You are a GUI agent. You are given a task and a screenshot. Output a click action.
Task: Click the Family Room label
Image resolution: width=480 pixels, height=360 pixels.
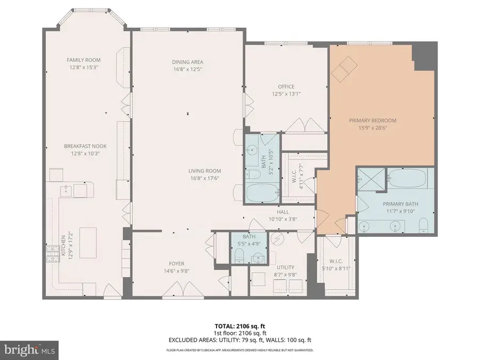83,60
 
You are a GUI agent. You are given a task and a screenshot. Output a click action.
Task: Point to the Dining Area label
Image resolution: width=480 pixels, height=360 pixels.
188,62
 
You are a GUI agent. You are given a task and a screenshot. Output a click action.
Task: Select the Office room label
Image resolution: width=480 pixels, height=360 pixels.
286,87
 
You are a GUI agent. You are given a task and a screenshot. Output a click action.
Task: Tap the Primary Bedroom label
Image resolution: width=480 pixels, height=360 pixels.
373,121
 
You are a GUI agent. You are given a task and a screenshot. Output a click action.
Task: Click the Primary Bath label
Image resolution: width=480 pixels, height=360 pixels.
400,204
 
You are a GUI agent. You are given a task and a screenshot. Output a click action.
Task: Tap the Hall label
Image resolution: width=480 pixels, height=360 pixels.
278,211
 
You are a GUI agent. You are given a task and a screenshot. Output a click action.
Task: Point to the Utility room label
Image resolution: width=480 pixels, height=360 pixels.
285,268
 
